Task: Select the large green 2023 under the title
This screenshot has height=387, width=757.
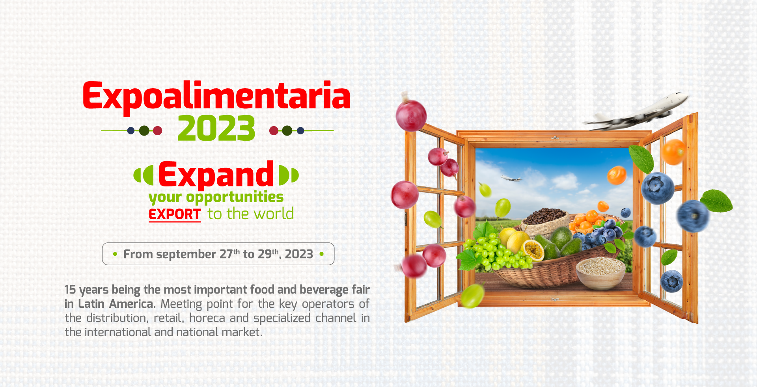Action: [216, 128]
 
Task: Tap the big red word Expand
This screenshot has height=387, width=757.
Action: [216, 174]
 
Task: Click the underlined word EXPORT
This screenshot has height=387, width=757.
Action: [175, 214]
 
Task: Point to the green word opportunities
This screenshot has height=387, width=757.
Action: [235, 197]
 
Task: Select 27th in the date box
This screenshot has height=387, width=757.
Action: [229, 254]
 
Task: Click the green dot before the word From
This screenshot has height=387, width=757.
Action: [115, 254]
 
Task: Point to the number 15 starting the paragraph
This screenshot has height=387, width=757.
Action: [70, 290]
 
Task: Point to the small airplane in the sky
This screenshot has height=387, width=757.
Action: [511, 179]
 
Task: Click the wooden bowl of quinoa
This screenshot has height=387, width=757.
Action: [600, 272]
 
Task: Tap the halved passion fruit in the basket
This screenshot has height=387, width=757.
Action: [532, 250]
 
